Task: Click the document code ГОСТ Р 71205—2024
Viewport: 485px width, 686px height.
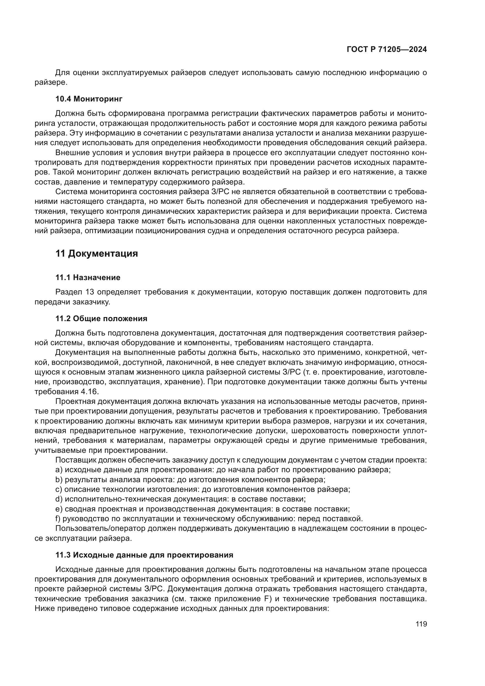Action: coord(386,50)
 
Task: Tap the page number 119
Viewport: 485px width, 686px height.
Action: coord(421,624)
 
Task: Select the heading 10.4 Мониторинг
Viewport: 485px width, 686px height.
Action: coord(89,99)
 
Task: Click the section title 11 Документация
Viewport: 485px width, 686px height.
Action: coord(96,254)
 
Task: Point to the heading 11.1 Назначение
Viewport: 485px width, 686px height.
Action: coord(88,277)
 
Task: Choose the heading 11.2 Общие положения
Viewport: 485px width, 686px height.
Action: coord(101,319)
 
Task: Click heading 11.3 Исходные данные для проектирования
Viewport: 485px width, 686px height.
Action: coord(144,555)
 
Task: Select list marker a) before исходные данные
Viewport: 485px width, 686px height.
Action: coord(59,470)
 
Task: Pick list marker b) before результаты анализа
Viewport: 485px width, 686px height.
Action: coord(59,480)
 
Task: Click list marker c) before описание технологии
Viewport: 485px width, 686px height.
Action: coord(59,489)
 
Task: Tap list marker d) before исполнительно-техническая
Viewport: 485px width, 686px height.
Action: coord(59,499)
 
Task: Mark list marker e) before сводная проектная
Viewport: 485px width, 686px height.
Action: coord(59,509)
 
